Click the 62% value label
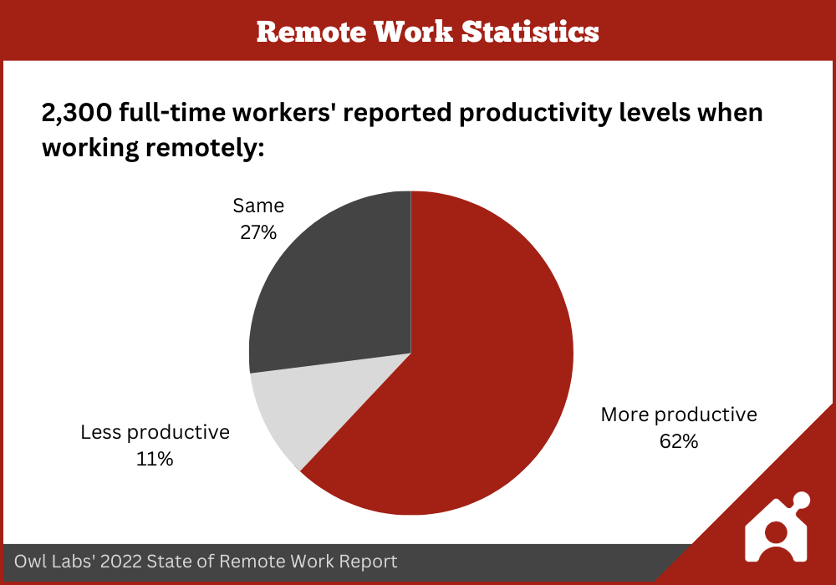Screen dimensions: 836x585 (x=679, y=441)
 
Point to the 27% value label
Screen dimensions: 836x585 (x=258, y=232)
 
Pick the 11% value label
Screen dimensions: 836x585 (x=155, y=459)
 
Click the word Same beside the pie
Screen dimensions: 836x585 (x=258, y=206)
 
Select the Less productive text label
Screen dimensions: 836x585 (x=155, y=432)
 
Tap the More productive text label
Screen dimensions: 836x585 (x=679, y=415)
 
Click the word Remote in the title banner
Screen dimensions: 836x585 (x=311, y=32)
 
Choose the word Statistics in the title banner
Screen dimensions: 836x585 (x=530, y=32)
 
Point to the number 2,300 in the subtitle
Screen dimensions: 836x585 (x=77, y=113)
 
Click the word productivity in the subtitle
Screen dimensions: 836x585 (x=535, y=114)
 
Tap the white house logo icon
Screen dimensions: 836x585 (x=777, y=527)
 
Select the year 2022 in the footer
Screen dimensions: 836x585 (x=121, y=561)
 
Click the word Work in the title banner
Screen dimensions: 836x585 (x=413, y=32)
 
